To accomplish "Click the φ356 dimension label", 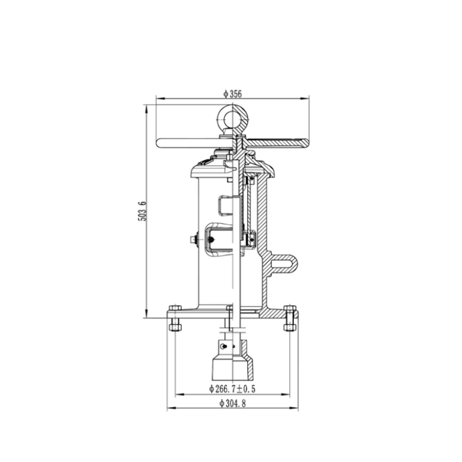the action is pyautogui.click(x=233, y=94).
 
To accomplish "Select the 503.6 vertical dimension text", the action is pyautogui.click(x=142, y=211).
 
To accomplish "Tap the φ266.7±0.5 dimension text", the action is pyautogui.click(x=232, y=389).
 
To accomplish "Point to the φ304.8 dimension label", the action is pyautogui.click(x=233, y=403).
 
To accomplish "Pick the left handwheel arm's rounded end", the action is pyautogui.click(x=159, y=143).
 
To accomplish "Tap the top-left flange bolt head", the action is pyautogui.click(x=175, y=308).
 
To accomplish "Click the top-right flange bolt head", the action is pyautogui.click(x=290, y=308).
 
